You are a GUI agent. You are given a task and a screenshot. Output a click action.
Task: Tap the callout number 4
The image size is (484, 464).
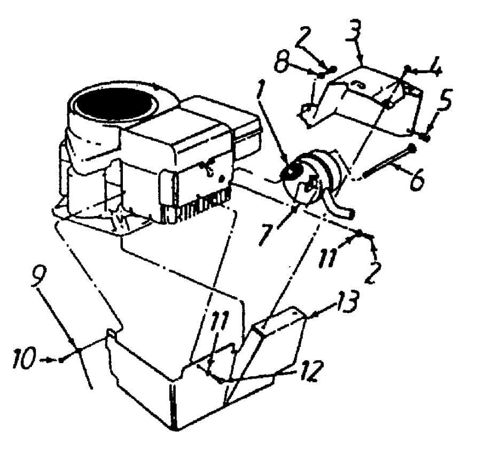tap(435, 66)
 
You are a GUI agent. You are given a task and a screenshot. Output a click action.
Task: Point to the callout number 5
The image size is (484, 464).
tap(446, 100)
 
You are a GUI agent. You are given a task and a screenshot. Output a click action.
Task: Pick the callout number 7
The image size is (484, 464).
tap(265, 234)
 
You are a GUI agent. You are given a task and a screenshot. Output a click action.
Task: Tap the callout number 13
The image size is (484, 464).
tap(348, 301)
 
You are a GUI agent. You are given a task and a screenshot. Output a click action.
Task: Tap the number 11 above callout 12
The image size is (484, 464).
tap(220, 322)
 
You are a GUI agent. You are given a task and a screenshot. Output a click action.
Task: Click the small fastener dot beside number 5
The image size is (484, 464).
tap(427, 137)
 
